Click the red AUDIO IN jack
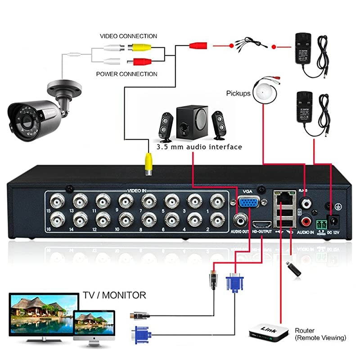306,221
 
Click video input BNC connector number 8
148,220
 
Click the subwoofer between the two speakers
192,121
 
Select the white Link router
269,333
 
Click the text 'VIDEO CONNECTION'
128,36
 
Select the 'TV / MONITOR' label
114,295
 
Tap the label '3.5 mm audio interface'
199,147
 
